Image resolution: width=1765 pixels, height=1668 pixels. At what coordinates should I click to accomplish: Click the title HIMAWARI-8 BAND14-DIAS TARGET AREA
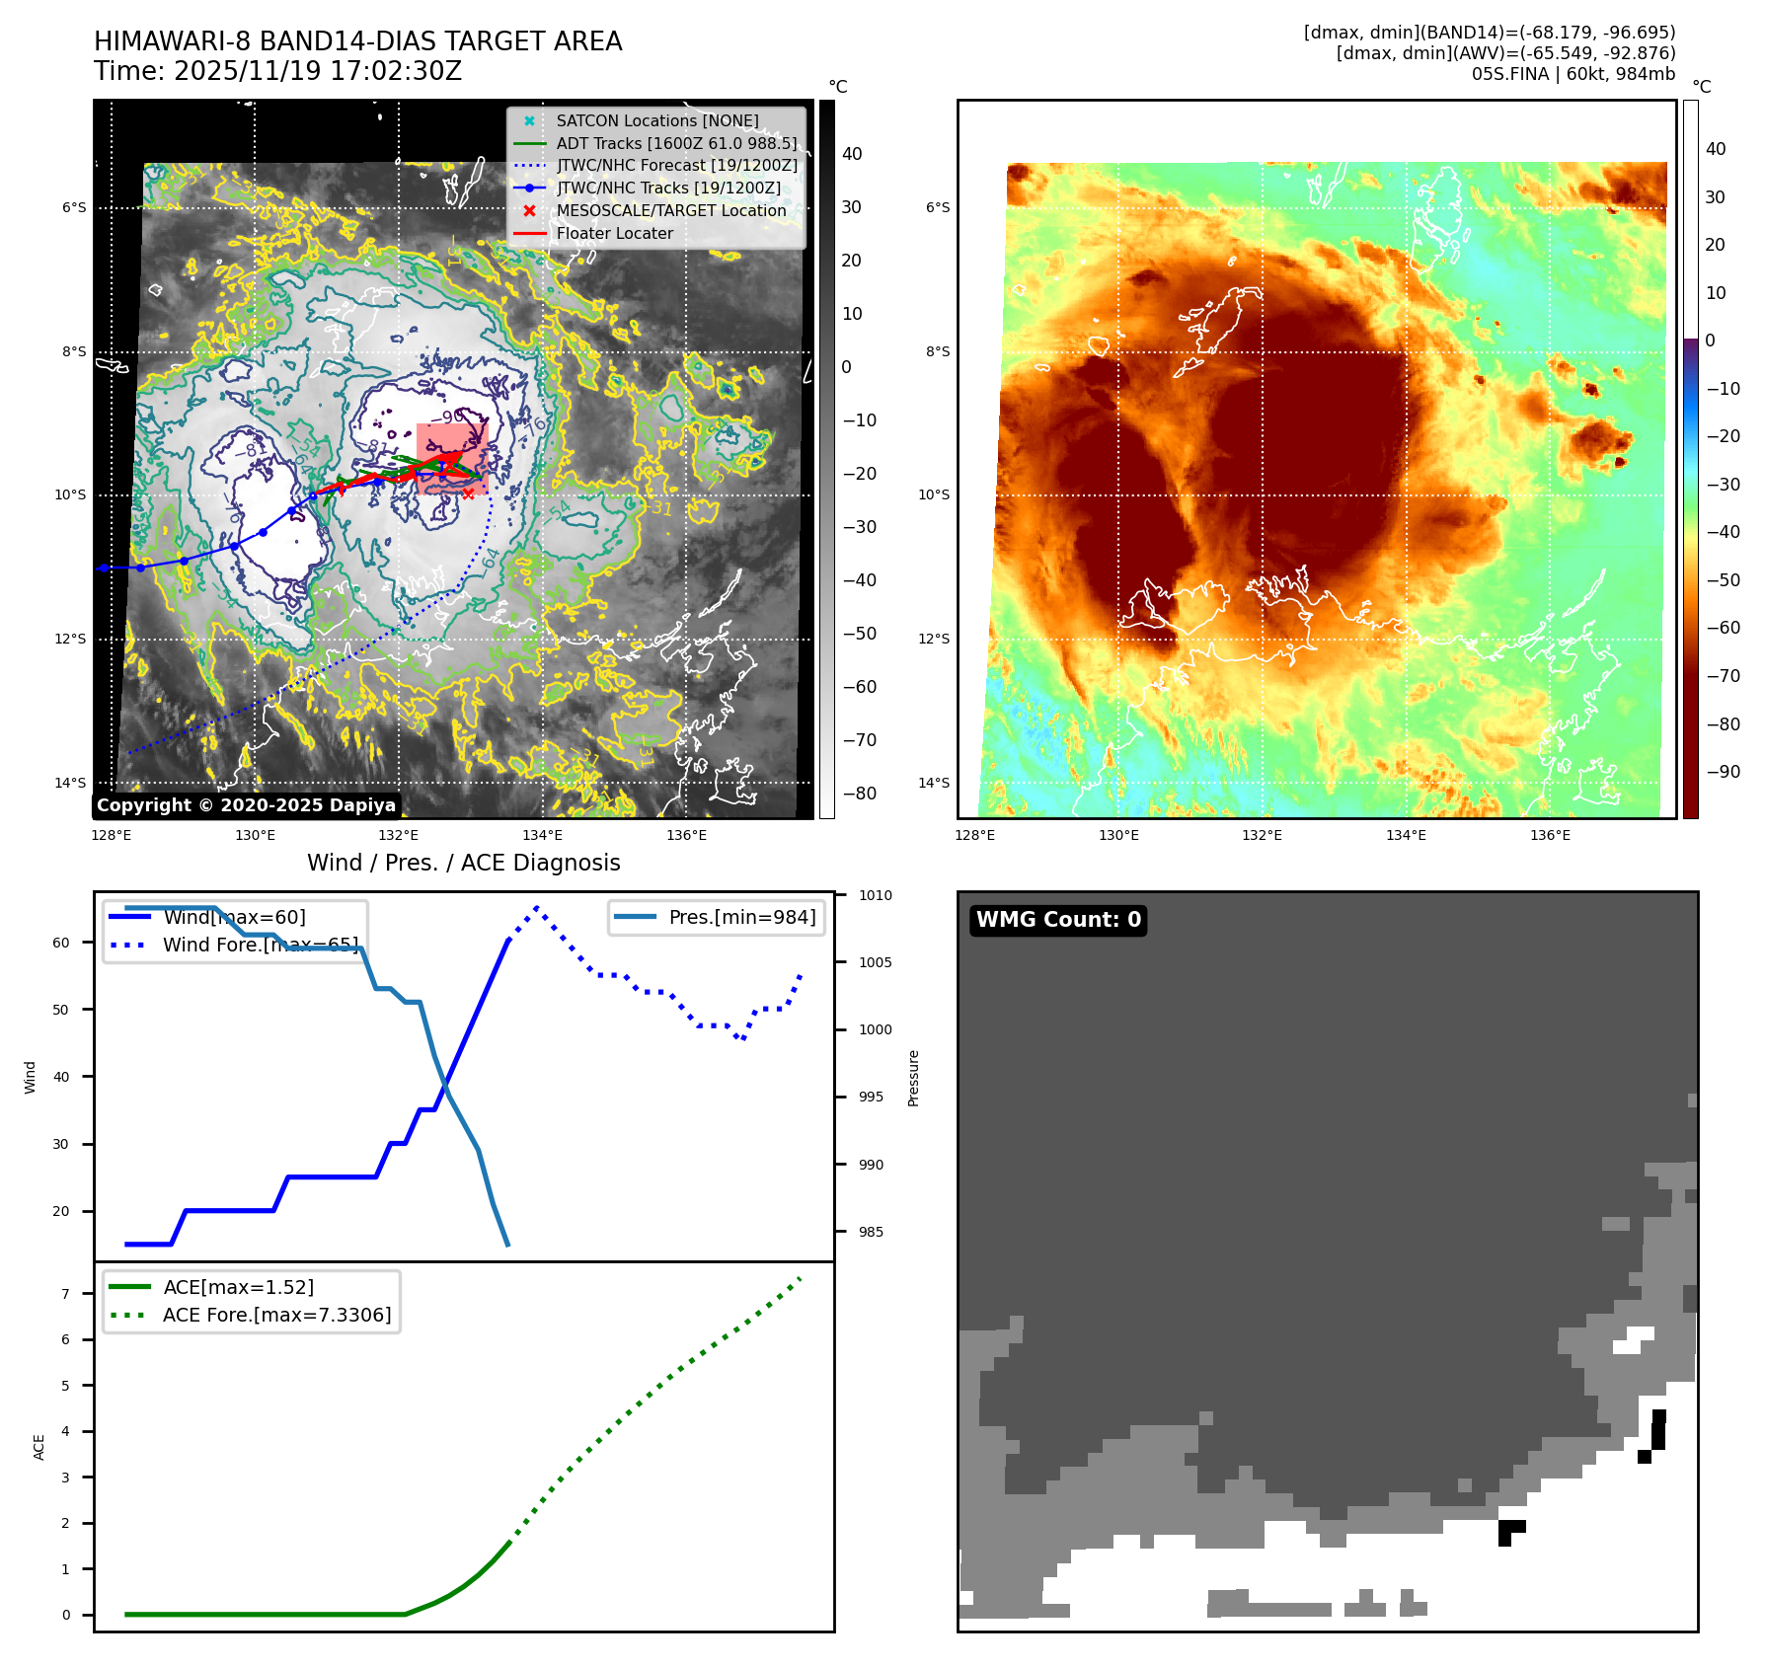(357, 41)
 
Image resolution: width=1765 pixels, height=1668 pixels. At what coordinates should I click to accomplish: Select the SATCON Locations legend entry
(656, 120)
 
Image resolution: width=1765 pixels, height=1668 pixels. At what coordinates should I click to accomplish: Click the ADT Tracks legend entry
(676, 143)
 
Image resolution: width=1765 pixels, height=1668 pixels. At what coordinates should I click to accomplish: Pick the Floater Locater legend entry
(614, 233)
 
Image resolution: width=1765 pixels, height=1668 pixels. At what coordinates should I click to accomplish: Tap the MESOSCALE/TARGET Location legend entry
(670, 210)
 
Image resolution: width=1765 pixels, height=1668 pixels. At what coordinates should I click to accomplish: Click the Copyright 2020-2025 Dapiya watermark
(246, 805)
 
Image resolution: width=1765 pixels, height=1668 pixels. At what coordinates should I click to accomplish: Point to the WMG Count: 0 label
(1058, 920)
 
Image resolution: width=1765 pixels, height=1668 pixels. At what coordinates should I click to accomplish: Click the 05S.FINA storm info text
(1573, 74)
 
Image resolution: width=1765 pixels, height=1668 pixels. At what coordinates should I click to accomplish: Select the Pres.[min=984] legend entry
(741, 917)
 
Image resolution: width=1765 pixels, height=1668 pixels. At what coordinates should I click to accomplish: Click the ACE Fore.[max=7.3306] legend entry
(276, 1315)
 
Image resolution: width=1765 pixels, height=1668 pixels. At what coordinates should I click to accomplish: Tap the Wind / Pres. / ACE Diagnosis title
(463, 863)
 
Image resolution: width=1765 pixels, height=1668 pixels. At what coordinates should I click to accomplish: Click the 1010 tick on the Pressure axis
(875, 895)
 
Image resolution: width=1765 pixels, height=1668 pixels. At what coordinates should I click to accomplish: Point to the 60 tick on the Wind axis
(61, 943)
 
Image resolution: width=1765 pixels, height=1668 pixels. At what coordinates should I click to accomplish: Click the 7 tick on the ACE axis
(65, 1293)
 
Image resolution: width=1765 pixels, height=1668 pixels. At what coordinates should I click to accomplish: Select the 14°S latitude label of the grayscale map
(69, 783)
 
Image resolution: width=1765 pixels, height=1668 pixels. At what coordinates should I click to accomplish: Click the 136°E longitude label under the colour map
(1550, 835)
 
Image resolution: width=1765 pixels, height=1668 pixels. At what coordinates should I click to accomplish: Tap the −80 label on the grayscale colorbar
(859, 794)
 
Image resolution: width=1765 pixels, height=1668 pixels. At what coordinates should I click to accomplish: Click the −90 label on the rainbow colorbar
(1724, 772)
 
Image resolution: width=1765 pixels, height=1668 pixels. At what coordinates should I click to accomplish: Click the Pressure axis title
(913, 1078)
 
